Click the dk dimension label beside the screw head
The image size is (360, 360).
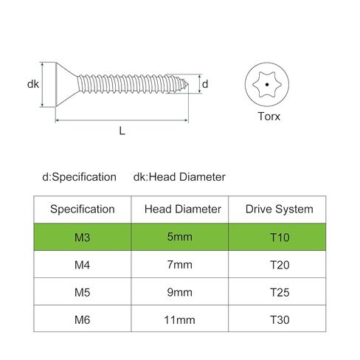33,84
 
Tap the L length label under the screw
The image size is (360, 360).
122,131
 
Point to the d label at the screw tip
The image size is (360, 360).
205,84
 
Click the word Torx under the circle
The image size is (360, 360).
269,116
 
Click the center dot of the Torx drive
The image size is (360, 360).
267,85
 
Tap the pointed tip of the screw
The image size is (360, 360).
188,85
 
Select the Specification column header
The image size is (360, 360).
83,210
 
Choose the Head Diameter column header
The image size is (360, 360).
183,210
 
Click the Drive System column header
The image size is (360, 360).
280,210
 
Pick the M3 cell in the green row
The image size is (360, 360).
82,238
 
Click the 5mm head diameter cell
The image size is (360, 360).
180,237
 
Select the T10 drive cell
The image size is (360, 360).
280,238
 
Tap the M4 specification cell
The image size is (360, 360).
82,265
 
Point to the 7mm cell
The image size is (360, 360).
180,265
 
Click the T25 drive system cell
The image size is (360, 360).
280,292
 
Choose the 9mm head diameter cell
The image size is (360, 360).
180,292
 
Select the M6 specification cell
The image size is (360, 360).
82,320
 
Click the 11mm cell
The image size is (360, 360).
179,320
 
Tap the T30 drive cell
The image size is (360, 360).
280,320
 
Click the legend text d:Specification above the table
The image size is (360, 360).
79,177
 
